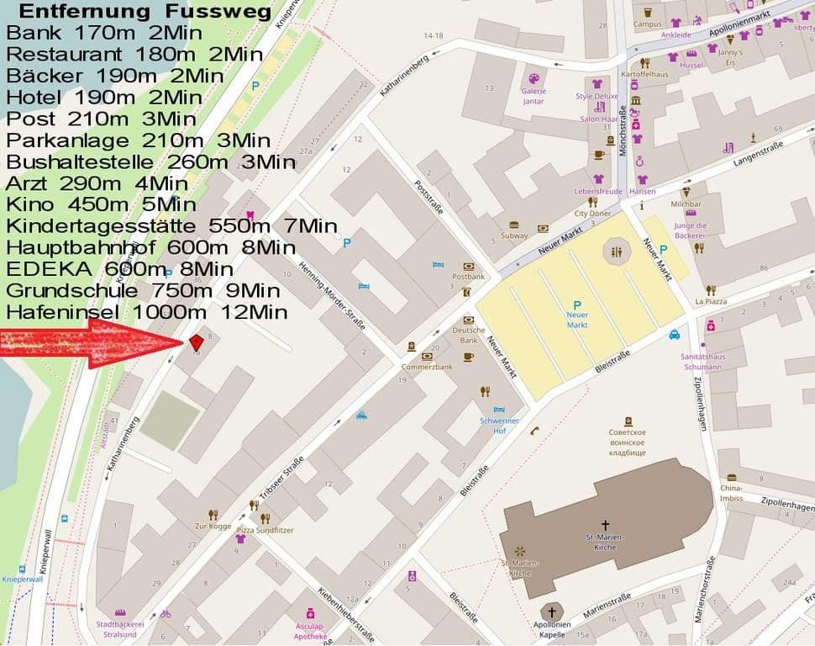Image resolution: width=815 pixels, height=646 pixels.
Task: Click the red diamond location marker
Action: (x=196, y=342)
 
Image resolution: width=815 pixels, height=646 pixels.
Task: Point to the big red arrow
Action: (x=92, y=343)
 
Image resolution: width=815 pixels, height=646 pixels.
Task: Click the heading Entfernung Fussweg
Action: (x=145, y=12)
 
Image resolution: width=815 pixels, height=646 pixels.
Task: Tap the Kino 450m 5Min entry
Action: (x=101, y=204)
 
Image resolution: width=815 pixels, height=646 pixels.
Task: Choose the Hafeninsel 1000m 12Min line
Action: (x=147, y=313)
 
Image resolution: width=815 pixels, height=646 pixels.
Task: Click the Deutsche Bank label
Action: (x=469, y=335)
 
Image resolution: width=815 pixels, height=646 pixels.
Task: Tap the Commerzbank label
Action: (x=427, y=367)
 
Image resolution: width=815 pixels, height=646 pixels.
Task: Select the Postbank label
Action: (x=468, y=276)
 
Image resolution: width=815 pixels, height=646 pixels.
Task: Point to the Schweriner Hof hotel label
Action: (x=499, y=425)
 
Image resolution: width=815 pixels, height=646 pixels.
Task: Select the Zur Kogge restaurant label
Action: (x=213, y=526)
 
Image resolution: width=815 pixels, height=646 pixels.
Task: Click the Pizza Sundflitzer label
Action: (x=265, y=530)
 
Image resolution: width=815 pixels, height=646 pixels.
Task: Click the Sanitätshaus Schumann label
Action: (x=702, y=362)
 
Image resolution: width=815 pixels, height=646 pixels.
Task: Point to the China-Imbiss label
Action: (x=731, y=493)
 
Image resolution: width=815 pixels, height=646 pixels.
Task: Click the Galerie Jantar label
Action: (x=534, y=96)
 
